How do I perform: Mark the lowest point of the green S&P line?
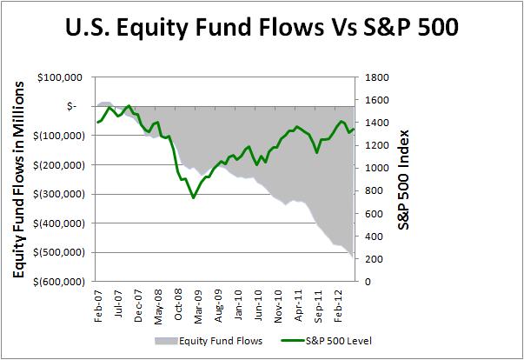click(193, 198)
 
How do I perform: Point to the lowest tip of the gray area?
click(352, 258)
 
